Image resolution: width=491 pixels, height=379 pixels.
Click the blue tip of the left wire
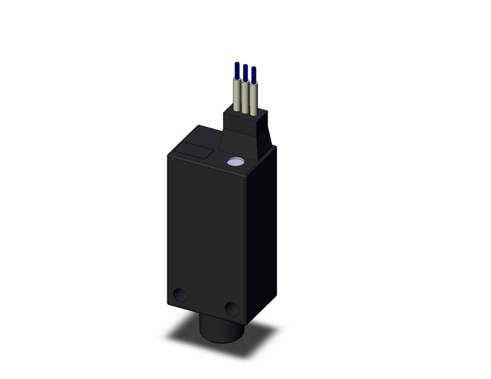tap(237, 70)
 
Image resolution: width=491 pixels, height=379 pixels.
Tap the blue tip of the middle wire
tap(245, 72)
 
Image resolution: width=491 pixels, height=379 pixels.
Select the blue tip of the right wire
tap(253, 75)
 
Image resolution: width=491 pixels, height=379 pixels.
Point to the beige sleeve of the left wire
tap(237, 93)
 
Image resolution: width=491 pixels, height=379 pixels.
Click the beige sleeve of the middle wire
tap(245, 97)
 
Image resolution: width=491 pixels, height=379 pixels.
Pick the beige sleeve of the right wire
tap(253, 98)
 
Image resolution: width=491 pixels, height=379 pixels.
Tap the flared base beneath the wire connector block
tap(242, 145)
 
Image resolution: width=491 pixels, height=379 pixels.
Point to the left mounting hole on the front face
tap(180, 296)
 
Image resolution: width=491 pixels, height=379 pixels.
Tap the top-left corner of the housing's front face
tap(168, 154)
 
